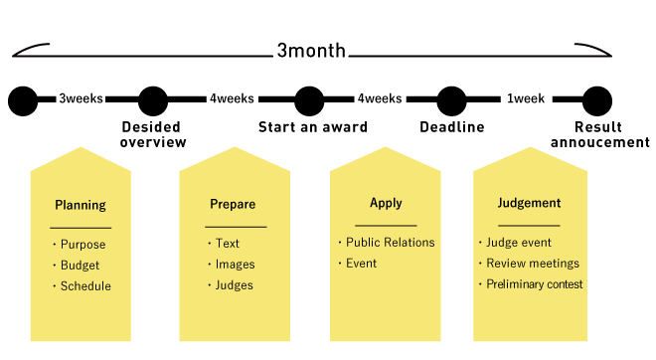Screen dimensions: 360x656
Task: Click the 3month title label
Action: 311,52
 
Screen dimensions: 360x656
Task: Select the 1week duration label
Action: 525,99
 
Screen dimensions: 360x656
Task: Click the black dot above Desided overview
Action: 153,100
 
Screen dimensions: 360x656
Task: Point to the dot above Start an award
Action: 310,100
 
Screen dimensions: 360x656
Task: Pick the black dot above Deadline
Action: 451,100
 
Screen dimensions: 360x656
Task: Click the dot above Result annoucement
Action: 596,100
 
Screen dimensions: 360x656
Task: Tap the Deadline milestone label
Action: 451,127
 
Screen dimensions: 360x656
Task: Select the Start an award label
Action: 313,127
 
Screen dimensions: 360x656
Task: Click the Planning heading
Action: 81,207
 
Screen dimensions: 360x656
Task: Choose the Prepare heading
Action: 233,205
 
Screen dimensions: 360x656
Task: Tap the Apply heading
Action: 386,204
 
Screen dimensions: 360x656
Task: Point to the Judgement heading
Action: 529,204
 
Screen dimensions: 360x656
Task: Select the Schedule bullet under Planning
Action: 85,286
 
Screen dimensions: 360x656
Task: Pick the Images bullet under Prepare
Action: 235,265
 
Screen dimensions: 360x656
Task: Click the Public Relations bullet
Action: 390,243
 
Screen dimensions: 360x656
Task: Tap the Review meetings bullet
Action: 532,264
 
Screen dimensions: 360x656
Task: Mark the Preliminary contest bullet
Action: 534,284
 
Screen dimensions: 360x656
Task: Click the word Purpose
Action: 82,245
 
